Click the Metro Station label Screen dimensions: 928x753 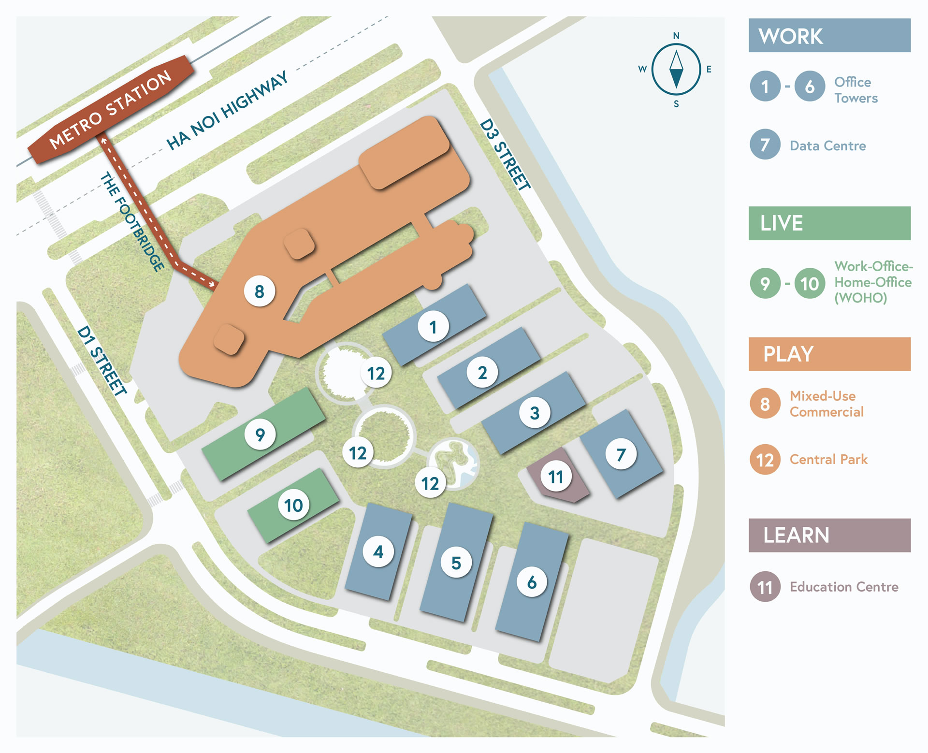[111, 109]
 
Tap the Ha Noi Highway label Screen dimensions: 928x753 [227, 111]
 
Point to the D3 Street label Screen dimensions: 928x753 [505, 154]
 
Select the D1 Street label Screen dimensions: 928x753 [102, 361]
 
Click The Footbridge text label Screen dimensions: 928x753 [132, 222]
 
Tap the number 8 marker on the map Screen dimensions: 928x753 [260, 291]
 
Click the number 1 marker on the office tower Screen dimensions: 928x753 [433, 327]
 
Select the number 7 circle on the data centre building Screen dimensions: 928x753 [621, 454]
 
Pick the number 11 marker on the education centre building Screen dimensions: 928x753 [556, 477]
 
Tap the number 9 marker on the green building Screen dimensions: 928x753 [260, 434]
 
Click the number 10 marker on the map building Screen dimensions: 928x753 [293, 505]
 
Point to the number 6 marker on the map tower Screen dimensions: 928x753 [532, 582]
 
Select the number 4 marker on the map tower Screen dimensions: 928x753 [378, 551]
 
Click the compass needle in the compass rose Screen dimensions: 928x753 [676, 70]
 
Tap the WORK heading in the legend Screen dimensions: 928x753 [791, 36]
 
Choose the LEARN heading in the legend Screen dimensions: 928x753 [796, 536]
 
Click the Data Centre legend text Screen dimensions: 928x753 [827, 145]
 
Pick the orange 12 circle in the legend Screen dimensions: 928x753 [765, 460]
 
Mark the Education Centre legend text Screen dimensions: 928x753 [844, 587]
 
